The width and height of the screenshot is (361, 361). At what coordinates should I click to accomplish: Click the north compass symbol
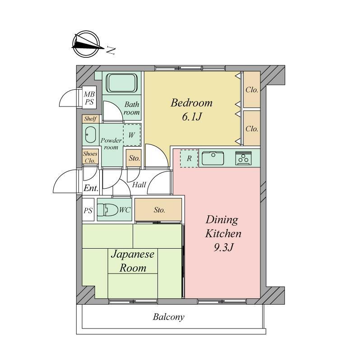[86, 44]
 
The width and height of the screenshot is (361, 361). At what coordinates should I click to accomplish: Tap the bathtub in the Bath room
[121, 83]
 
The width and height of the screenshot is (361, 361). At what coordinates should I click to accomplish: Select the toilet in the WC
[107, 210]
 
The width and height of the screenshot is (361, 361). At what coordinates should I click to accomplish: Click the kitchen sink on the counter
[213, 158]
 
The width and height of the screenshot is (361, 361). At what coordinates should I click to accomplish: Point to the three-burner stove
[243, 158]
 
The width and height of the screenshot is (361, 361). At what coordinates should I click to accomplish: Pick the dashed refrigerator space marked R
[189, 158]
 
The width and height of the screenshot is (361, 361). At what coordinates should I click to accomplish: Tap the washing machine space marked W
[132, 134]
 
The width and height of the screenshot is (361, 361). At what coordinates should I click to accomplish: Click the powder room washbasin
[91, 134]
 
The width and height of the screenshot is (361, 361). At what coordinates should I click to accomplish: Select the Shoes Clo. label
[90, 157]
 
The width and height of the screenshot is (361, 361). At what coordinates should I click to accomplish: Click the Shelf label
[90, 119]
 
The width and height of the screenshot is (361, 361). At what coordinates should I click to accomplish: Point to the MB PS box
[89, 98]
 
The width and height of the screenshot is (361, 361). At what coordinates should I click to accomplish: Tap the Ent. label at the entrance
[91, 188]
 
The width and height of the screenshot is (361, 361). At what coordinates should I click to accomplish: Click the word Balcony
[168, 317]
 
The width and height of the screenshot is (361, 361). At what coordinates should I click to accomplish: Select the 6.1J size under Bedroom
[192, 117]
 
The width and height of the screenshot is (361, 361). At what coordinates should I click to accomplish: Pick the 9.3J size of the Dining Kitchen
[223, 247]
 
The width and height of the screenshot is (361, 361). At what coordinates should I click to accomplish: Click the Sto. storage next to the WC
[158, 210]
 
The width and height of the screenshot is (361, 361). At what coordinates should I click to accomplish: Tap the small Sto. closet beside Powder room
[134, 158]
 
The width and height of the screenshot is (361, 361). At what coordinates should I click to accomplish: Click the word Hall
[139, 185]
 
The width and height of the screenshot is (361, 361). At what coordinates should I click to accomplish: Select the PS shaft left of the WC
[88, 210]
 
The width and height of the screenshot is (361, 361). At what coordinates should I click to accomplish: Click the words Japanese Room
[133, 261]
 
